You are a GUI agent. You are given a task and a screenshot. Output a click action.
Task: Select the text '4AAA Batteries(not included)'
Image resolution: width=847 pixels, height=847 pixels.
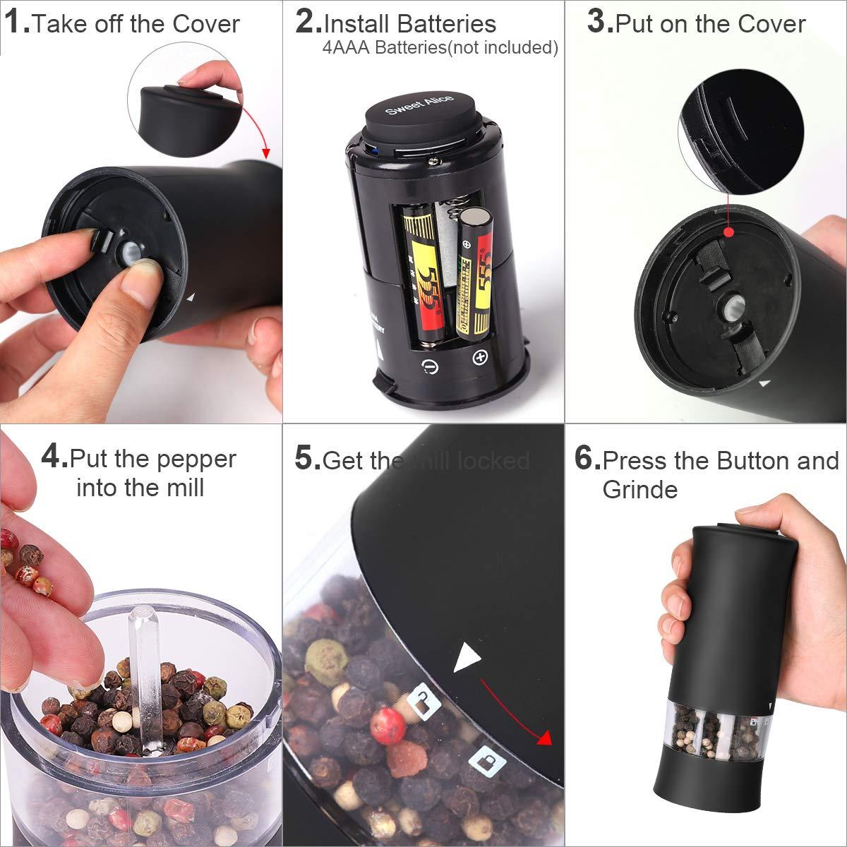(x=440, y=48)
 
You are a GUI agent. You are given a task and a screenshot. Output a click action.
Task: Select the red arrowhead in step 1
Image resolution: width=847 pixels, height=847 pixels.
(x=266, y=152)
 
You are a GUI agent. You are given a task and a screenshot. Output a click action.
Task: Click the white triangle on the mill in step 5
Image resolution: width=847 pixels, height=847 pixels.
(x=467, y=658)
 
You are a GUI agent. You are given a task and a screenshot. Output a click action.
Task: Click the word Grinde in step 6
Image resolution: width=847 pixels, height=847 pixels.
(x=639, y=490)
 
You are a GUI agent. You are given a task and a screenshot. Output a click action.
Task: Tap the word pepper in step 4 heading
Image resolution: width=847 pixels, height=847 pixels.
(x=195, y=459)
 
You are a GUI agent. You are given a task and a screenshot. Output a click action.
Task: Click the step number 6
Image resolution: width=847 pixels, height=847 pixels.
(x=587, y=459)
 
